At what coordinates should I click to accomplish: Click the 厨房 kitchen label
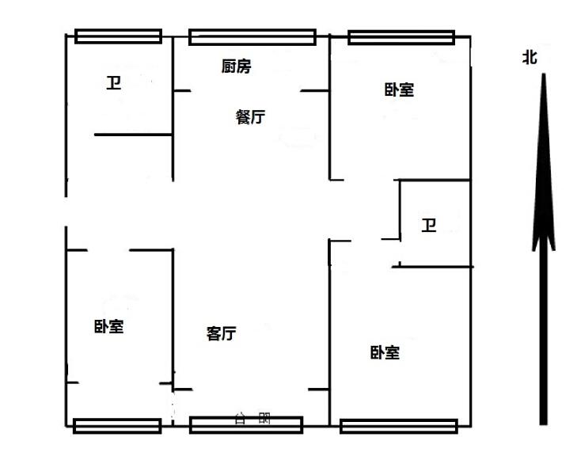[236, 67]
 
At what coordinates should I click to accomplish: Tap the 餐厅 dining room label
[250, 117]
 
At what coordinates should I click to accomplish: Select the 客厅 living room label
[221, 333]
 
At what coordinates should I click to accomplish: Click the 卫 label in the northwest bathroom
[114, 83]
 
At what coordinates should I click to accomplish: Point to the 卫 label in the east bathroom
[429, 226]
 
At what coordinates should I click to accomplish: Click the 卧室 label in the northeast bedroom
[400, 89]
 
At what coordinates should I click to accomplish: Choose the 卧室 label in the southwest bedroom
[108, 326]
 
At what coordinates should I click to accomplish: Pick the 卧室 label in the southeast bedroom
[385, 352]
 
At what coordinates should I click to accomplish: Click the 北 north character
[530, 57]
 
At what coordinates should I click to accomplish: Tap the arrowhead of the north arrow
[543, 158]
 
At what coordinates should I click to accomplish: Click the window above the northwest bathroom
[119, 36]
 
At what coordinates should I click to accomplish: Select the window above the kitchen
[252, 36]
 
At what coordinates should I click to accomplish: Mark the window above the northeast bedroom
[401, 36]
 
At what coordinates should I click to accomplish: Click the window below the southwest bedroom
[117, 426]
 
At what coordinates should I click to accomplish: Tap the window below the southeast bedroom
[399, 426]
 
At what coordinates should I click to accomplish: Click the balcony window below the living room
[246, 426]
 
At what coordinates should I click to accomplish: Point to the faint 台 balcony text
[240, 417]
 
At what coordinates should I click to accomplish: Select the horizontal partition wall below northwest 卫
[133, 135]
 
